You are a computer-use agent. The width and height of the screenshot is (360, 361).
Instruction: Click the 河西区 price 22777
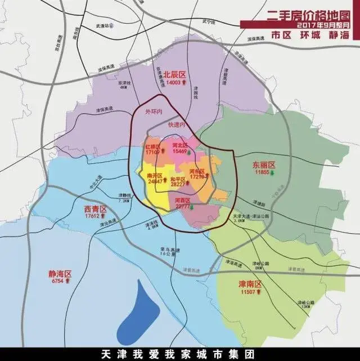183,206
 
